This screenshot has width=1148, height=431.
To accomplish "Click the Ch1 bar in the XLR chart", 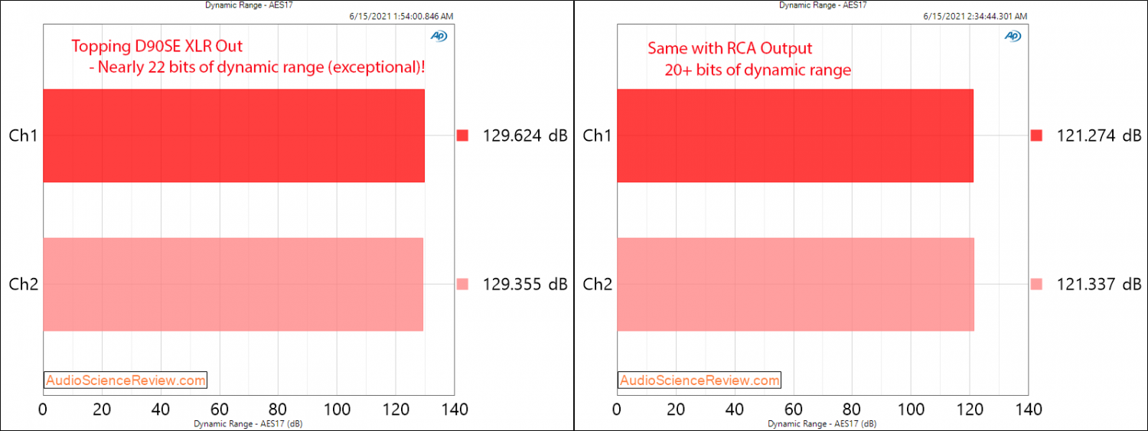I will point(233,136).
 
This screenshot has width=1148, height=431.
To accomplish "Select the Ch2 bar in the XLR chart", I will point(233,284).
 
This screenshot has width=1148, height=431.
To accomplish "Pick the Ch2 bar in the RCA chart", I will point(795,284).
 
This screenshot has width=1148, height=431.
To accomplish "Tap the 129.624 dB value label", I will point(525,136).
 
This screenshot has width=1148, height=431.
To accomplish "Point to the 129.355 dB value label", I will point(525,285).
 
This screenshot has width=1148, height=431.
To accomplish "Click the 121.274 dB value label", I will point(1097,136).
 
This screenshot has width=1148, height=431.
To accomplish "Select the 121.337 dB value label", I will point(1097,285).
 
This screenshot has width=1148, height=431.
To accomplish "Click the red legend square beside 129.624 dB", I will point(462,136).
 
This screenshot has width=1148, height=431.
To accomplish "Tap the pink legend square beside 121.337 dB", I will point(1037,285).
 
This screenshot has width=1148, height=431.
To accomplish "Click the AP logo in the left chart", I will point(439,35).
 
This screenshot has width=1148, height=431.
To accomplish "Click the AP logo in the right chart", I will point(1013,35).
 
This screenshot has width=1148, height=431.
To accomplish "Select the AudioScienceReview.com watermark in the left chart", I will point(126,380).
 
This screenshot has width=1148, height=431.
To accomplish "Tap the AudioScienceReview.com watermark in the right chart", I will point(700,380).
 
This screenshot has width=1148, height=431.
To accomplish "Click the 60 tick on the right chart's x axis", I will point(793,410).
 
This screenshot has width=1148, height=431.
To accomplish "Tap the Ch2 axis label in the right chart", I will point(596,285).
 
